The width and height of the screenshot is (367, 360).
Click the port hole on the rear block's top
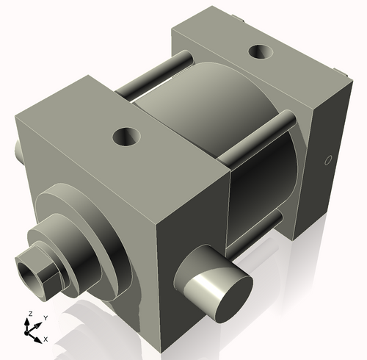[260, 52]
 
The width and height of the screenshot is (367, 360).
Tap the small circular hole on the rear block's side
[328, 160]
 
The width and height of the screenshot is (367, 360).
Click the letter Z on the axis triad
[29, 314]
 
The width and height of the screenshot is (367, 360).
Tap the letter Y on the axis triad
[46, 317]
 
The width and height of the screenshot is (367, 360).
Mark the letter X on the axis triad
[46, 339]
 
